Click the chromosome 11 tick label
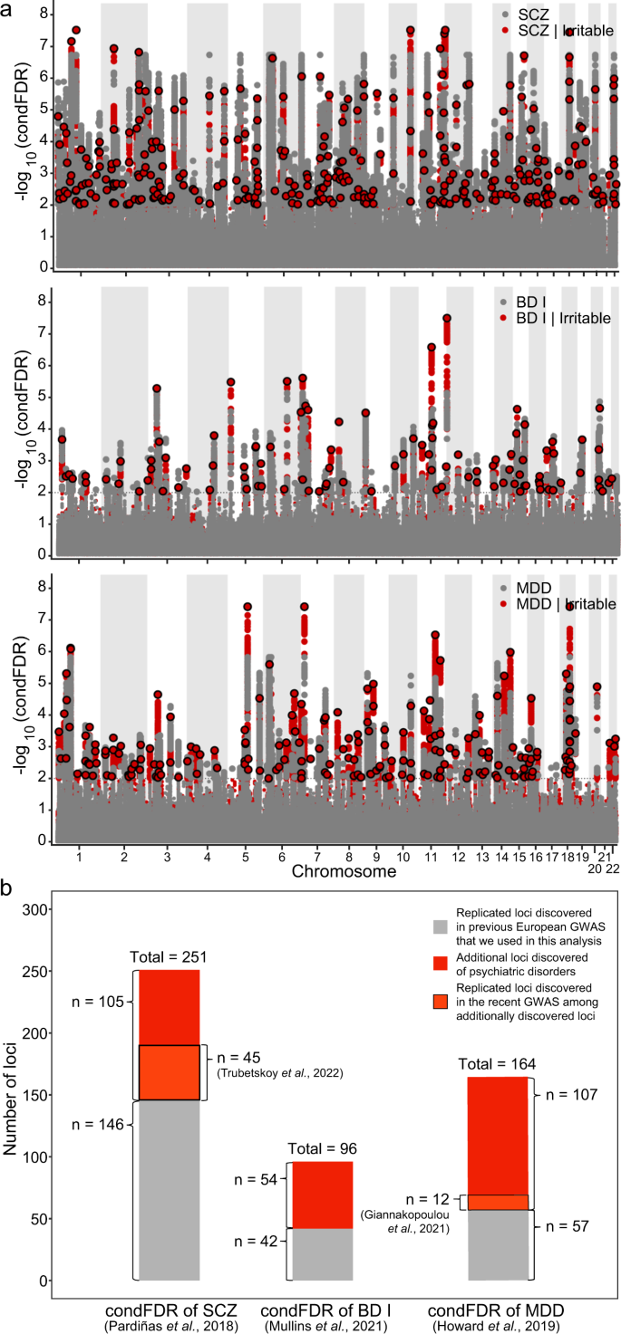[x=432, y=856]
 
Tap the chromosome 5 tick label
[x=246, y=856]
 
